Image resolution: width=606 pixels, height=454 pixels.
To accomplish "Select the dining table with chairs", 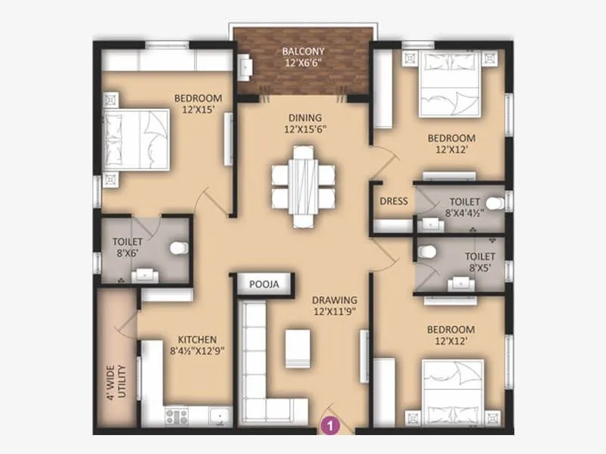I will point(304,186).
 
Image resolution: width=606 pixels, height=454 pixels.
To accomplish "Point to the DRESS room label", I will point(394,201).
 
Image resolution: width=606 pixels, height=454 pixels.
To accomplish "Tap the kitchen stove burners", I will point(176,415).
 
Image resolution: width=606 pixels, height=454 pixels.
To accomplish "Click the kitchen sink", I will point(218,415).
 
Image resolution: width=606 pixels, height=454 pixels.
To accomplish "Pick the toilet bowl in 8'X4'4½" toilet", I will point(495,203).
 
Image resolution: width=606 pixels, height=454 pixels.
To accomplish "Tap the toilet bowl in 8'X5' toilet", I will point(426,250).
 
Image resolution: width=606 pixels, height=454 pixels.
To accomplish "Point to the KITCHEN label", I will point(198,339).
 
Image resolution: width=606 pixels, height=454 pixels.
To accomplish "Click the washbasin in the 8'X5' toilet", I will point(460,284).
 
